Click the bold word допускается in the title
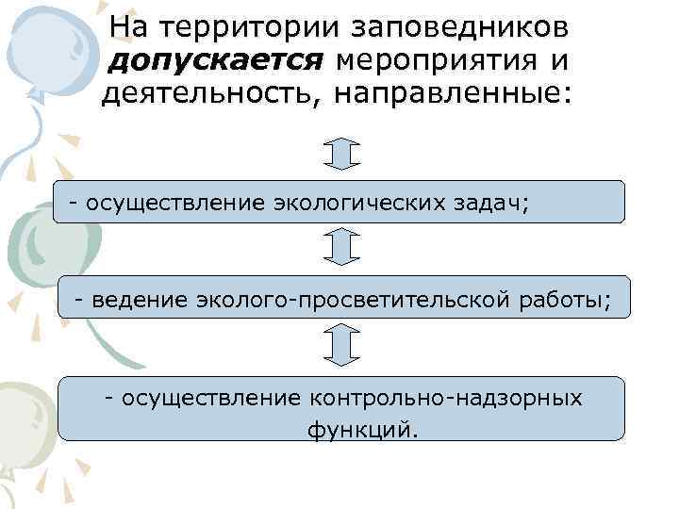[x=218, y=62]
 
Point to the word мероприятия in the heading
[x=441, y=62]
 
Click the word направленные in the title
[x=475, y=96]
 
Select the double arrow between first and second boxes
[x=341, y=247]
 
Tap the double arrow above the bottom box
[x=341, y=345]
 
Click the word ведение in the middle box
[x=139, y=300]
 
